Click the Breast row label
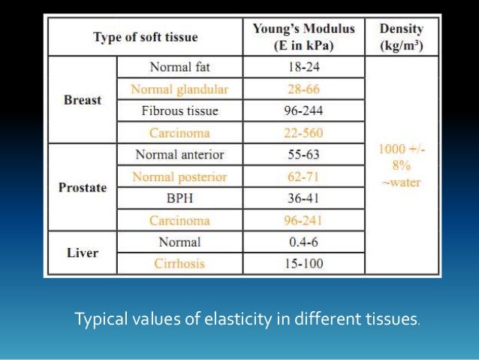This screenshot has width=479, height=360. pyautogui.click(x=83, y=100)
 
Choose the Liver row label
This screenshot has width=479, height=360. pyautogui.click(x=83, y=253)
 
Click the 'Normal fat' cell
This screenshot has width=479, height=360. pyautogui.click(x=179, y=66)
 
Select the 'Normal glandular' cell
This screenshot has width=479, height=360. pyautogui.click(x=179, y=89)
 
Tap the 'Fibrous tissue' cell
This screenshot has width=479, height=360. pyautogui.click(x=179, y=110)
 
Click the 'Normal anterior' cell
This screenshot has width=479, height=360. pyautogui.click(x=179, y=155)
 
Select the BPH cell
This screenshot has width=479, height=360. pyautogui.click(x=179, y=198)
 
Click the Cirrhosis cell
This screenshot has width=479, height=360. pyautogui.click(x=179, y=265)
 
